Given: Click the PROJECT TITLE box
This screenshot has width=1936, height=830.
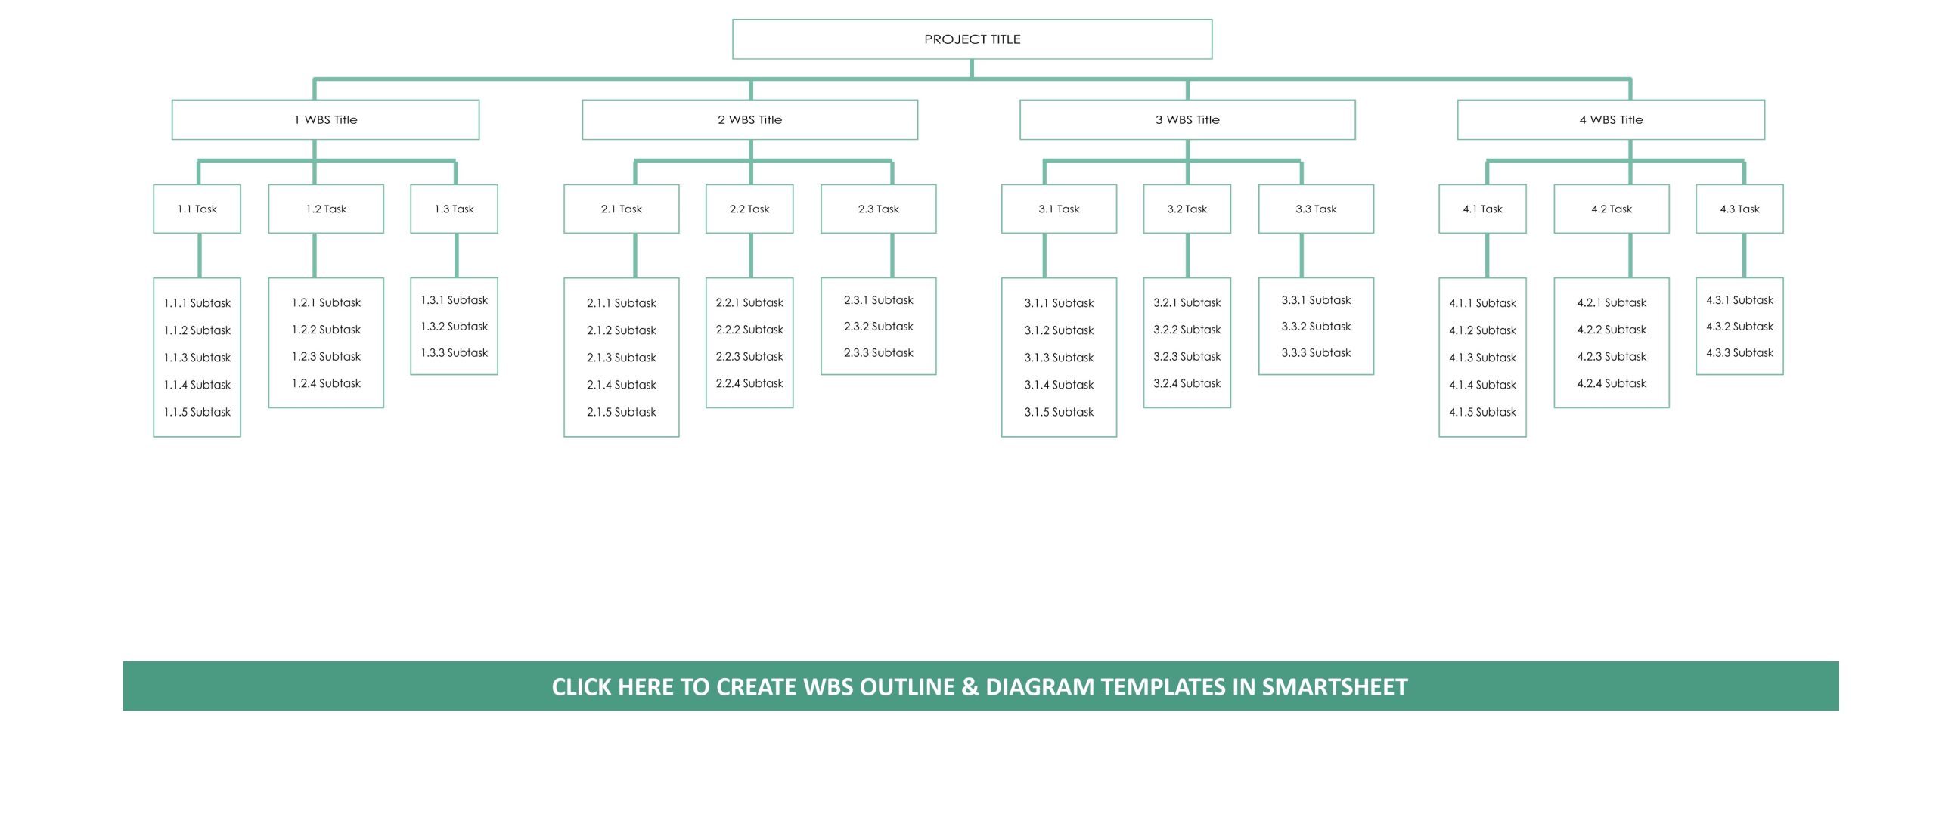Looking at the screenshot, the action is click(972, 39).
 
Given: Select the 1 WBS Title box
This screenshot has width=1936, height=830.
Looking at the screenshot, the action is click(325, 119).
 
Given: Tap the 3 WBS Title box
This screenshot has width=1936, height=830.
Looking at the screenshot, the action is click(1187, 119).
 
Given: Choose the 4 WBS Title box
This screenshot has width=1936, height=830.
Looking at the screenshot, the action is click(1611, 119).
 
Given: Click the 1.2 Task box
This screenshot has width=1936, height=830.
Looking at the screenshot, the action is click(326, 209).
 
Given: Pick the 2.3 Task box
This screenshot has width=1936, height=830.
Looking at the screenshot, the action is click(879, 209).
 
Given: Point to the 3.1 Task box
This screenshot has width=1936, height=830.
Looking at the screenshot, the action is click(1059, 209).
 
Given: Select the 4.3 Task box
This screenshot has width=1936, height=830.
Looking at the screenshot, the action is click(1739, 209).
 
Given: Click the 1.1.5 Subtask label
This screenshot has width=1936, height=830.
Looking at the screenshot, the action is click(197, 412).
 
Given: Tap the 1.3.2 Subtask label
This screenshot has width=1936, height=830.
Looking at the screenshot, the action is click(455, 327).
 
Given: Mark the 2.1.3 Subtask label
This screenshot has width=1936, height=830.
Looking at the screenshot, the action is click(622, 358).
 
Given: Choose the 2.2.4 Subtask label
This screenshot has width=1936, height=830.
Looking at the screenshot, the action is click(749, 383).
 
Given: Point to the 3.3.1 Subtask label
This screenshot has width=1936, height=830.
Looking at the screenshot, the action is click(1316, 300).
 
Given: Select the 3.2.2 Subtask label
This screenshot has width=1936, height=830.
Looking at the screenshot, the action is click(1187, 330).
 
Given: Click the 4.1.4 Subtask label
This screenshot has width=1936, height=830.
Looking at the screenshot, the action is click(1482, 385).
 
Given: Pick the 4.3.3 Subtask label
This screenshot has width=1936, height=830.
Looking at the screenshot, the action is click(1739, 352).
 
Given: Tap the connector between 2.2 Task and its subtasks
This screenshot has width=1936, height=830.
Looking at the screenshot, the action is click(751, 256).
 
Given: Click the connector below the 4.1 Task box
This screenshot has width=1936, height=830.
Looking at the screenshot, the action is click(1487, 256).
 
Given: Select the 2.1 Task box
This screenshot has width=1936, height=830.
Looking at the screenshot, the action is click(622, 209).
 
